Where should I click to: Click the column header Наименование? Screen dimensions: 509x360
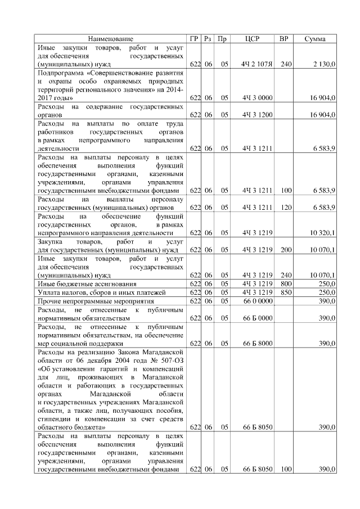tap(110, 39)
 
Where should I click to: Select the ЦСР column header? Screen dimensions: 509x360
tap(253, 39)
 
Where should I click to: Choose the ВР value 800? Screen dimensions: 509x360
tap(286, 284)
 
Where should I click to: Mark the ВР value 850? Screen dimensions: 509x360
tap(286, 292)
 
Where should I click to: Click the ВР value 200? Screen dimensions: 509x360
tap(286, 249)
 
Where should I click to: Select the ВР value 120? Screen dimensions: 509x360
tap(286, 208)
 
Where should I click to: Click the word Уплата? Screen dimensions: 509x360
tap(49, 292)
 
